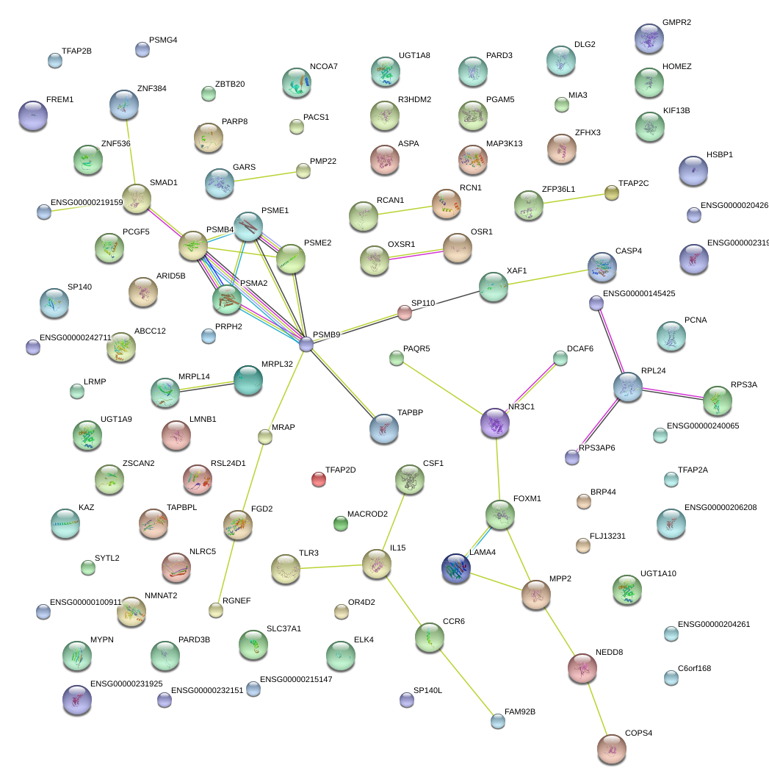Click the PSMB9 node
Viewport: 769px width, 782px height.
coord(306,343)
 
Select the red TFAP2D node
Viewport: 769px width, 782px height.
coord(318,479)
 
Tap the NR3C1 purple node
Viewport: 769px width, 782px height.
coord(495,423)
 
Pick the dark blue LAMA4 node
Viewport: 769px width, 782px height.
coord(456,569)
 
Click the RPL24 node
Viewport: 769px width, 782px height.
coord(628,387)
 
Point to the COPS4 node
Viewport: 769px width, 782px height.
coord(611,748)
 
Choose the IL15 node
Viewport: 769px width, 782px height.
coord(377,564)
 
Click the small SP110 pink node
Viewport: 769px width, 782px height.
coord(405,313)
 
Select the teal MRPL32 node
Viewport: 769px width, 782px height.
coord(248,379)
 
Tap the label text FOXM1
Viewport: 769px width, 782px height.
coord(527,499)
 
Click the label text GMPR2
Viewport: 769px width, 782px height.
coord(676,23)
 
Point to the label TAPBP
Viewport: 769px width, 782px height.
coord(411,414)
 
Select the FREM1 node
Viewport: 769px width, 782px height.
coord(33,115)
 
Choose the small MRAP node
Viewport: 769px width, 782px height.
coord(265,437)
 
